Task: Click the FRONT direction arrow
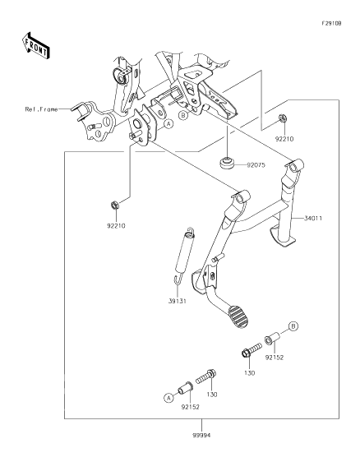[35, 46]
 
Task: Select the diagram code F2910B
[331, 23]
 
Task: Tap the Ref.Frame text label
[41, 109]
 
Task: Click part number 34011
[313, 219]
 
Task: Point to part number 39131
[178, 301]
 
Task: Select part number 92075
[256, 165]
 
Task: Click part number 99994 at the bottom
[201, 435]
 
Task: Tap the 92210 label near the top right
[284, 139]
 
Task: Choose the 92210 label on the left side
[116, 225]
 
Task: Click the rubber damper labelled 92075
[228, 164]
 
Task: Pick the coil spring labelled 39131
[183, 256]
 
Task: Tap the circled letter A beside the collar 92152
[168, 399]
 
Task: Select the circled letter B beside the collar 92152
[294, 326]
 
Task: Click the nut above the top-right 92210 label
[282, 118]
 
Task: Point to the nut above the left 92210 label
[114, 205]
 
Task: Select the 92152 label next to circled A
[190, 407]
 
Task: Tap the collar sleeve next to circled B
[272, 338]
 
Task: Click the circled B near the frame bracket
[182, 115]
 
